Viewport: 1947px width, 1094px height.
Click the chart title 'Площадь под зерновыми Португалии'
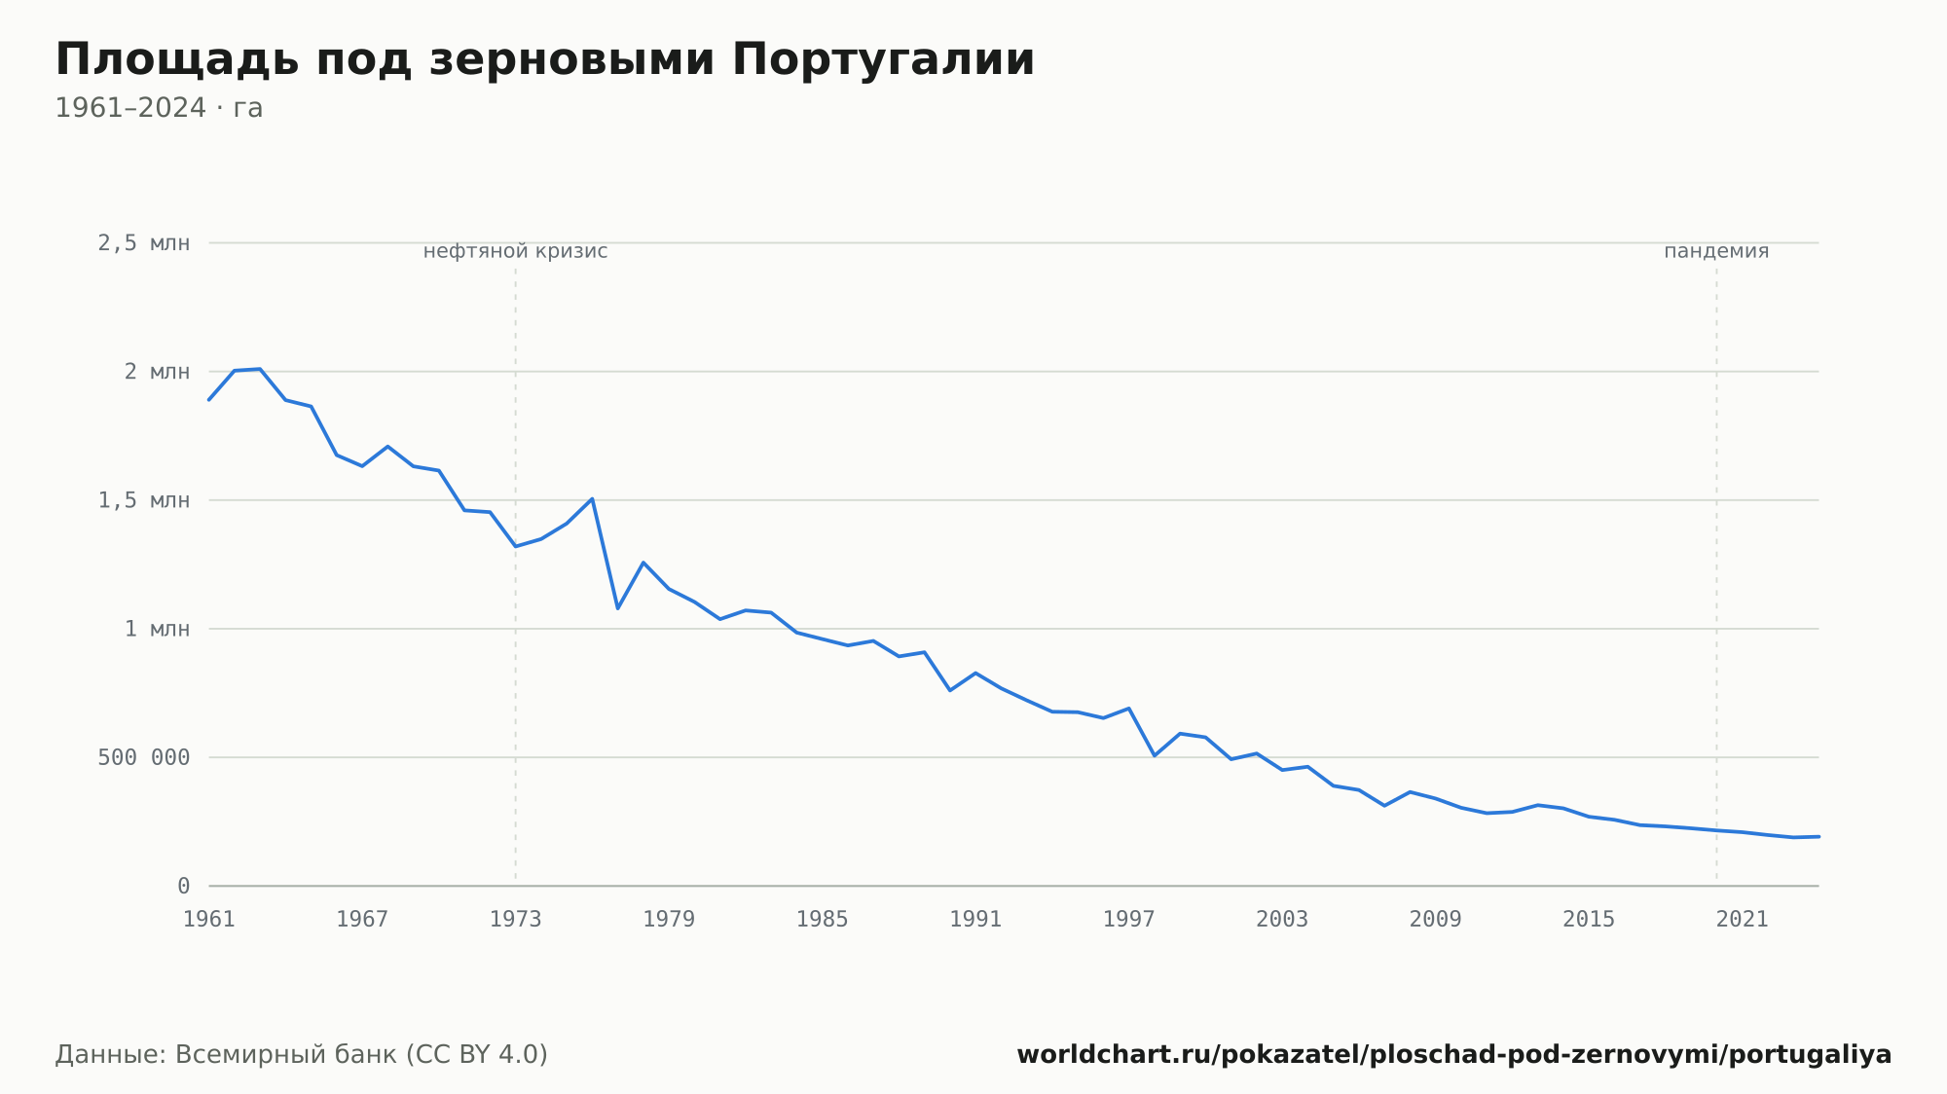click(545, 60)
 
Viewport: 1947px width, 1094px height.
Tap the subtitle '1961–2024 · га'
click(159, 108)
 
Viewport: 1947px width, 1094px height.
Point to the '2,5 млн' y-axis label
click(144, 243)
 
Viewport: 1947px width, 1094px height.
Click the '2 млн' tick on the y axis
click(157, 372)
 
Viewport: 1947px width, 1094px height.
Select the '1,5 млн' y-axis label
click(144, 500)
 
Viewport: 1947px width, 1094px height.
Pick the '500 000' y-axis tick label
click(144, 757)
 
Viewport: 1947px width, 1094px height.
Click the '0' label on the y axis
click(184, 886)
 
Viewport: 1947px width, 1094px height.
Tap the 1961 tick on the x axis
click(209, 920)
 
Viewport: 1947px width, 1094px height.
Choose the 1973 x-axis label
click(516, 920)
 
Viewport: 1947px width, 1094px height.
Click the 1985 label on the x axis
click(823, 920)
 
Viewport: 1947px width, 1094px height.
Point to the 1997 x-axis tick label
click(1129, 920)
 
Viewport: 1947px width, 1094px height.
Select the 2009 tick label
click(1436, 920)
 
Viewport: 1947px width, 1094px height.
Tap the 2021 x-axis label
click(1743, 920)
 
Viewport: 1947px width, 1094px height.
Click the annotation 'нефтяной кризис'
click(516, 251)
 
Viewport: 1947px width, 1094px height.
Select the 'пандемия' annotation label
click(1716, 251)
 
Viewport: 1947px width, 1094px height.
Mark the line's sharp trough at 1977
click(618, 608)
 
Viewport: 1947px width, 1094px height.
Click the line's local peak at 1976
click(592, 498)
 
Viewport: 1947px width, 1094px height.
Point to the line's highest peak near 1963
click(260, 369)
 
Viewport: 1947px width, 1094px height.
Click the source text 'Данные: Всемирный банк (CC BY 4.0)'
click(302, 1055)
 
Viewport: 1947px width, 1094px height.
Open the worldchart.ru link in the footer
click(1454, 1055)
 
